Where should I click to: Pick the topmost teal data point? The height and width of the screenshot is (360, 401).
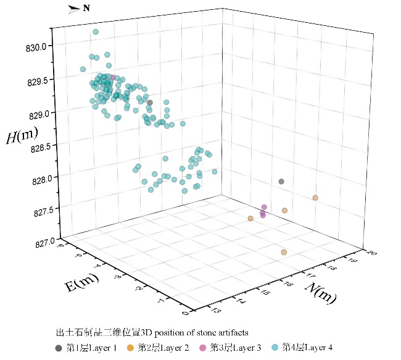[96, 32]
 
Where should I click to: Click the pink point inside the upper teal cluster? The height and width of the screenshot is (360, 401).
[112, 78]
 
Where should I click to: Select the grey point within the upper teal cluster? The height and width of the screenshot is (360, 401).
[149, 102]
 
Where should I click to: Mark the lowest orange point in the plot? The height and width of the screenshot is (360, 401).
[284, 253]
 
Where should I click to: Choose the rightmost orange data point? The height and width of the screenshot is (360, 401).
[315, 198]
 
